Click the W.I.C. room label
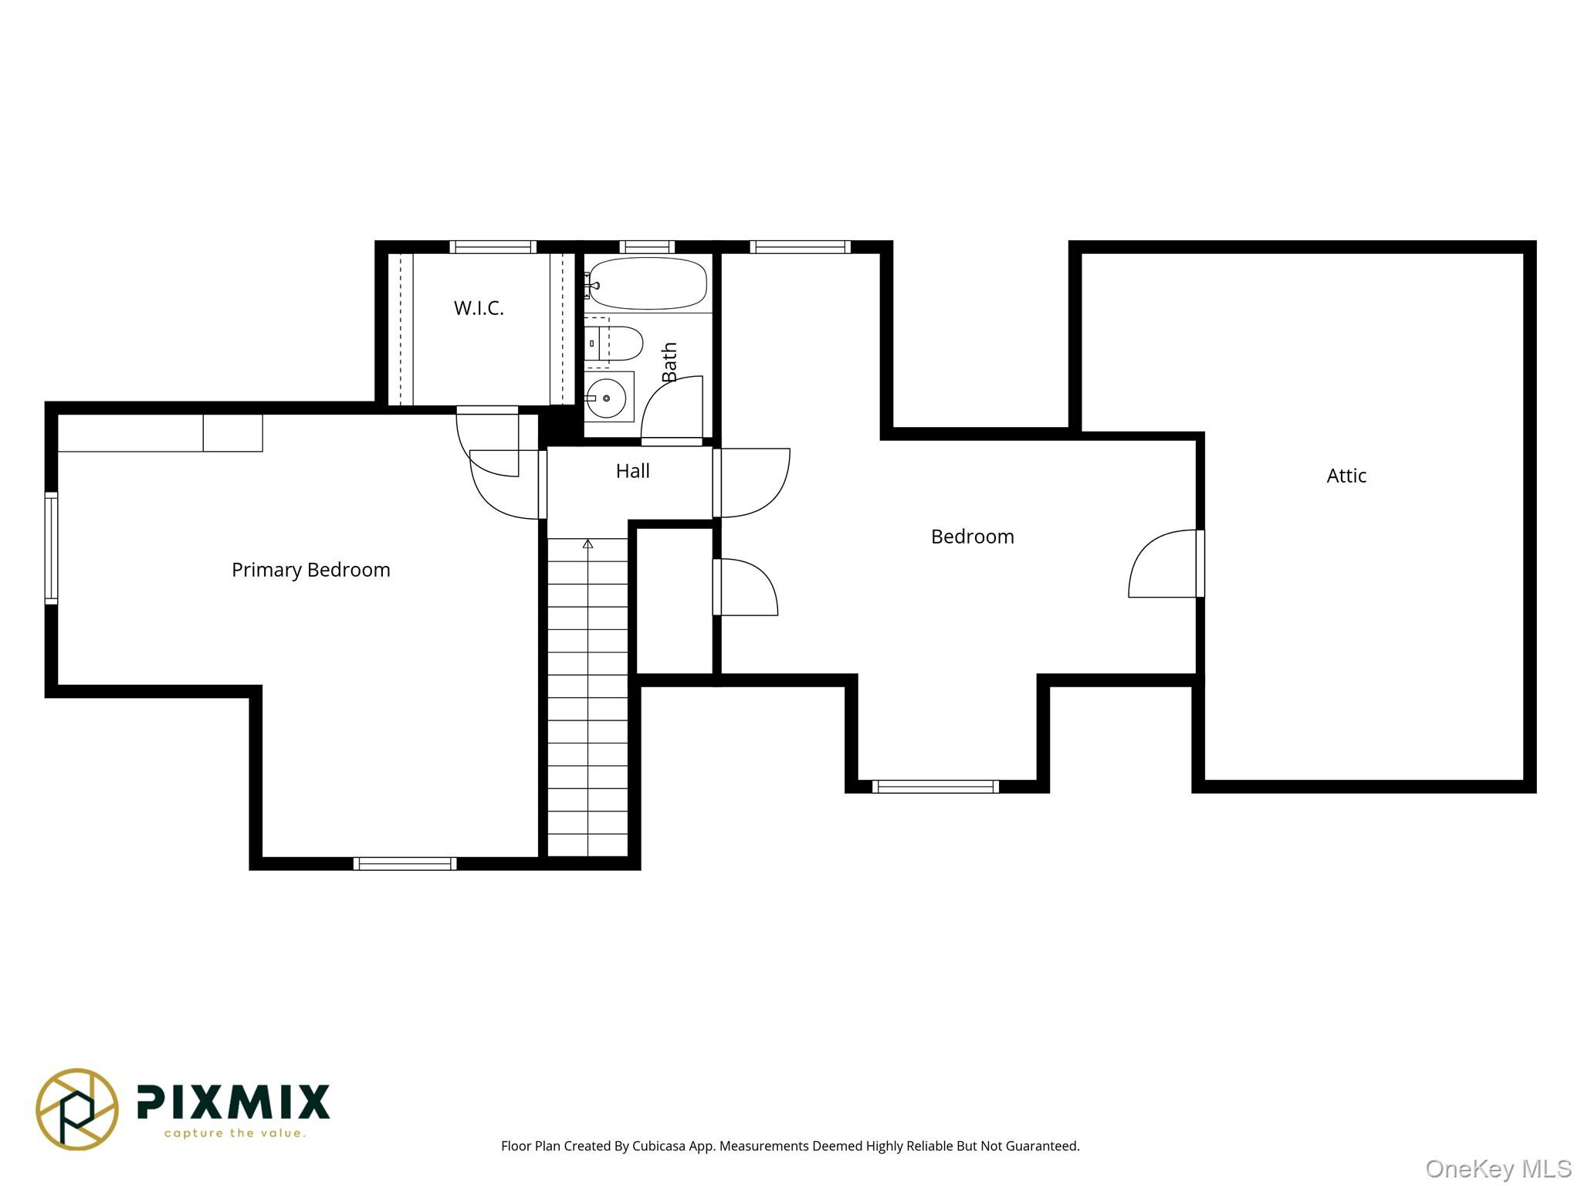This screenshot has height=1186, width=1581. [479, 308]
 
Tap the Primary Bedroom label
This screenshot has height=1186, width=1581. [311, 570]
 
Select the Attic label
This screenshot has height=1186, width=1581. [1346, 476]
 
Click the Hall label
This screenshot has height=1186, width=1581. [632, 471]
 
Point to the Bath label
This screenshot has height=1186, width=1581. [669, 361]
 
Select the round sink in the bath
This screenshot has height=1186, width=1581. [606, 398]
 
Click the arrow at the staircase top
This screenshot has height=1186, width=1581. [587, 544]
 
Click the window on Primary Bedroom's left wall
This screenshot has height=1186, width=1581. [51, 548]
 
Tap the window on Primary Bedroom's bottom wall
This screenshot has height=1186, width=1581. [405, 863]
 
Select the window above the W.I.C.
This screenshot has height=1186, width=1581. [493, 247]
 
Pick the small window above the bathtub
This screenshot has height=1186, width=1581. [647, 247]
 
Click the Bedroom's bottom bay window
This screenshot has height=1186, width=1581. [935, 787]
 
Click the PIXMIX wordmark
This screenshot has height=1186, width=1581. [233, 1102]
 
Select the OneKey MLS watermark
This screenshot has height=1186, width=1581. [1498, 1169]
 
